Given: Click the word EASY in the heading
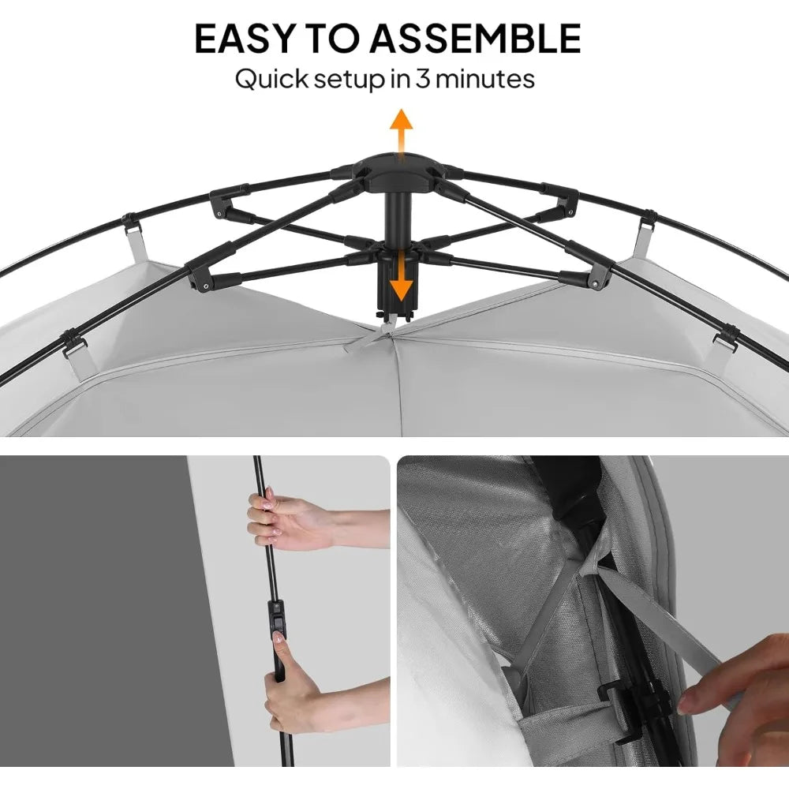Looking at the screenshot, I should [251, 39].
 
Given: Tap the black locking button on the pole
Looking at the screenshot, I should [277, 619].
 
